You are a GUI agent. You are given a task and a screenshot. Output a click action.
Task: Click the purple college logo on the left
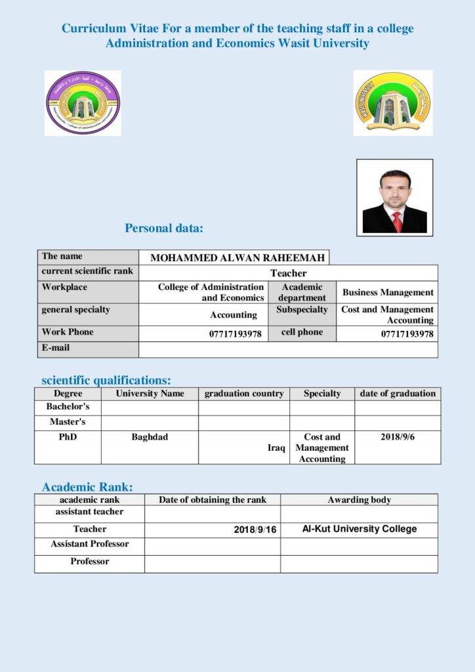83,103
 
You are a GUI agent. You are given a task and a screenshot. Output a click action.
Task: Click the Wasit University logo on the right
392,103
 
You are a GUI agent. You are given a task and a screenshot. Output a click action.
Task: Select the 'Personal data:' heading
164,228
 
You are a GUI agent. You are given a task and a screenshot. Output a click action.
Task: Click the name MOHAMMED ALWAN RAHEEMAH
234,258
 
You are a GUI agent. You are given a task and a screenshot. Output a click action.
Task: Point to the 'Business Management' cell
388,293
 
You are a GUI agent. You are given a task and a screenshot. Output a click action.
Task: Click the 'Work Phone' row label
68,332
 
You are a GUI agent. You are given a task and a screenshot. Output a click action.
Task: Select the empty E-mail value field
288,349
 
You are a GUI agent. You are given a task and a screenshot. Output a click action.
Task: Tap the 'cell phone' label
302,332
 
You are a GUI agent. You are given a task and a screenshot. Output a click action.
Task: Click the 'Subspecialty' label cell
302,309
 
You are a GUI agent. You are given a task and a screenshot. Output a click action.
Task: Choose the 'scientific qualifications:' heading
106,380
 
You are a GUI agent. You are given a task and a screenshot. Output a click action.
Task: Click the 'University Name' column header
150,394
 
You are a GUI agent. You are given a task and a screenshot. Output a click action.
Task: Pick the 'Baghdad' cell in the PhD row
150,437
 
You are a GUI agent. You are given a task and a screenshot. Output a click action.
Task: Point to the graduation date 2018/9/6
398,437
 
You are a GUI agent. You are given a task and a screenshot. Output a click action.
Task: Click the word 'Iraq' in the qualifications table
276,448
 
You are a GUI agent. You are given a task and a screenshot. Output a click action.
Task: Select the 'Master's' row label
68,422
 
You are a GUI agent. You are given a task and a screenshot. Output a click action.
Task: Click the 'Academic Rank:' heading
87,487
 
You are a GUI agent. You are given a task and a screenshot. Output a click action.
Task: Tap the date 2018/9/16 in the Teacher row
255,530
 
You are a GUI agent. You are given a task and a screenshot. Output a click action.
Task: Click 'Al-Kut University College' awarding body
359,529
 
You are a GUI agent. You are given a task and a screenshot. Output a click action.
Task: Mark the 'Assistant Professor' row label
90,544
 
